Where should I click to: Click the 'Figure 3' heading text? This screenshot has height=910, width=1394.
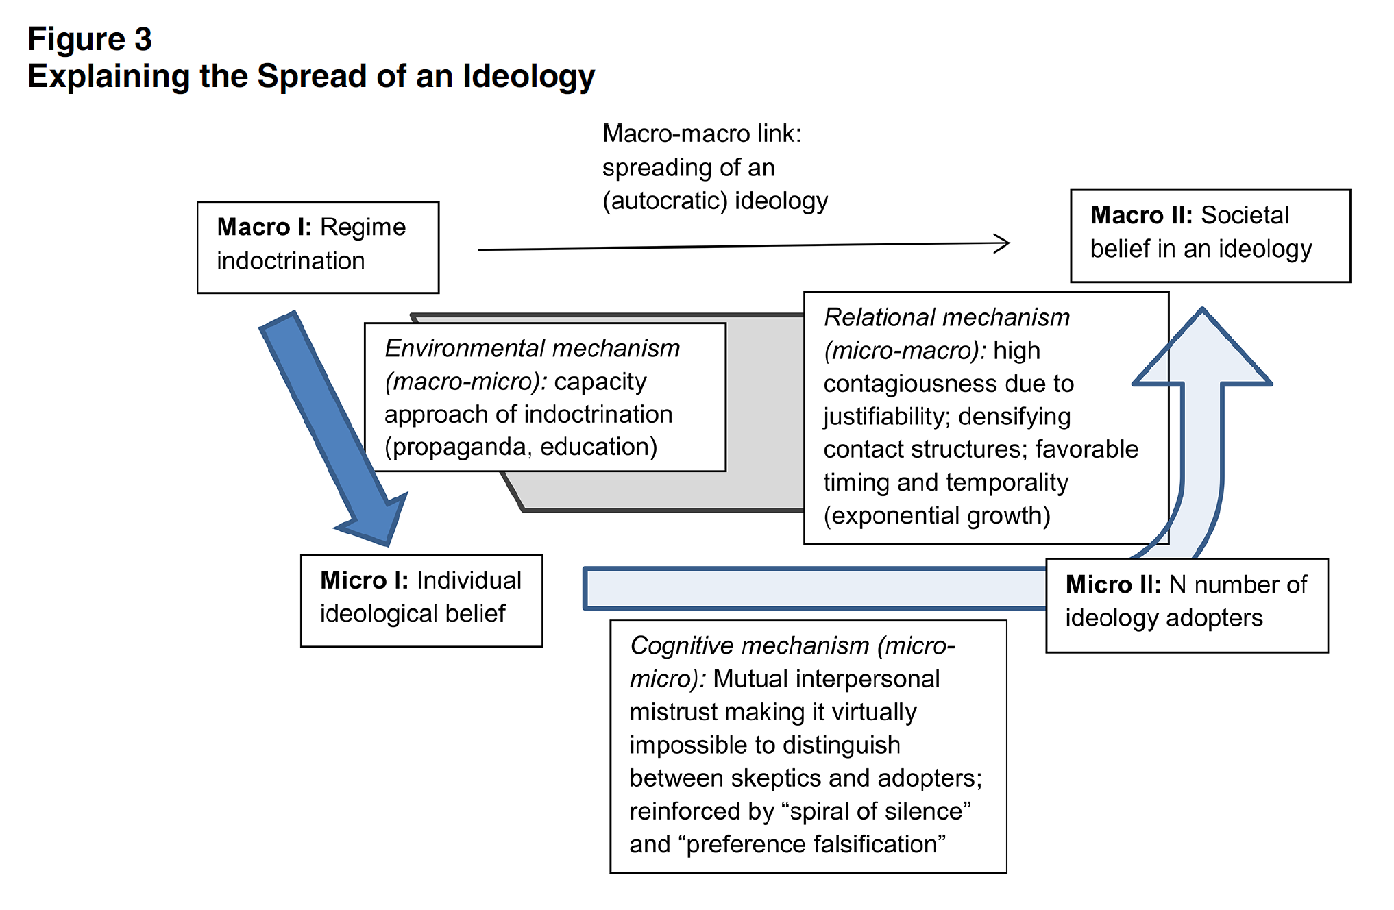pos(90,39)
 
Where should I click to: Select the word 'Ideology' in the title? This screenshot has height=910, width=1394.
pos(528,77)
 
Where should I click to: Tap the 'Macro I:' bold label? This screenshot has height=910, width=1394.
pos(265,227)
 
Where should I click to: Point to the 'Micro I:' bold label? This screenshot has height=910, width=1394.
pos(365,580)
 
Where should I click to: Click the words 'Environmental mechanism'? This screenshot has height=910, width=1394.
pos(532,348)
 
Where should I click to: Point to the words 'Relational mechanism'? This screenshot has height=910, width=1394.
pos(946,317)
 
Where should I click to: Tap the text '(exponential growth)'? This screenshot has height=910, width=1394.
pos(937,515)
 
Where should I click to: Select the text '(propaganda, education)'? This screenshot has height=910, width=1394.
pos(521,447)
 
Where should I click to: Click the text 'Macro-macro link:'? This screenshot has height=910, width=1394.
pos(702,134)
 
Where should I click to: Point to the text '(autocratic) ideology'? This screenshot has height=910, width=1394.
pos(715,201)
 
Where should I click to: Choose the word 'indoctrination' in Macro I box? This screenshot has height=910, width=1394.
pos(291,261)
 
